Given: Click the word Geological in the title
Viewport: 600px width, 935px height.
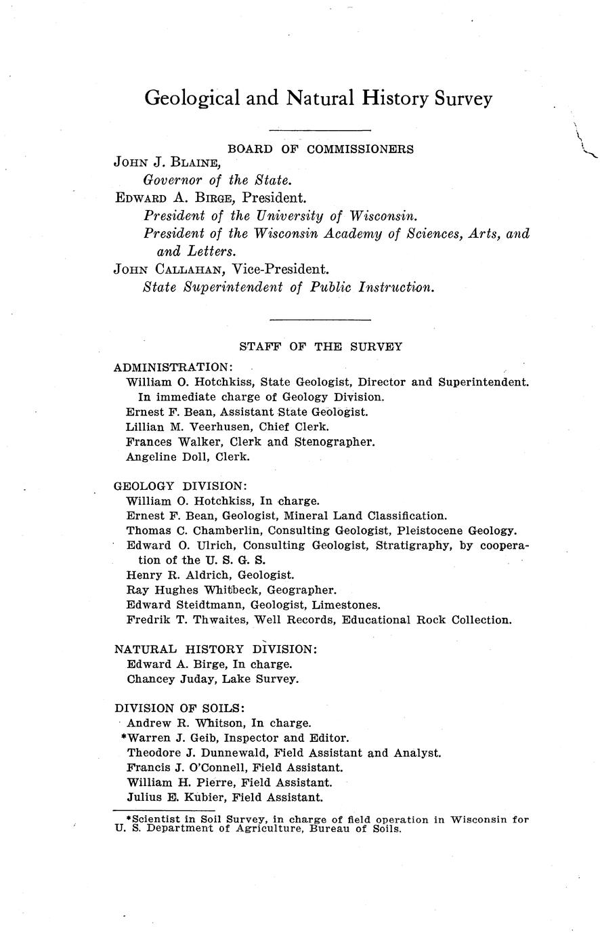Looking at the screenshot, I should [192, 99].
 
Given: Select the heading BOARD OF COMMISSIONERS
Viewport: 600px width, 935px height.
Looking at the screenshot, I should [320, 148].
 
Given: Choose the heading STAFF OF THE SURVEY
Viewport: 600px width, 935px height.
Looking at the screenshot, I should [320, 347].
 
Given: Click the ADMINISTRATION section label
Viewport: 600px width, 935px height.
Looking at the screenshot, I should [173, 367].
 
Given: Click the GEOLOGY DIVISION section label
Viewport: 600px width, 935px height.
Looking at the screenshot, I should [180, 486].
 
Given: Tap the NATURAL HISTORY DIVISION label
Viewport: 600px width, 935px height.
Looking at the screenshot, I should [215, 649].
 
